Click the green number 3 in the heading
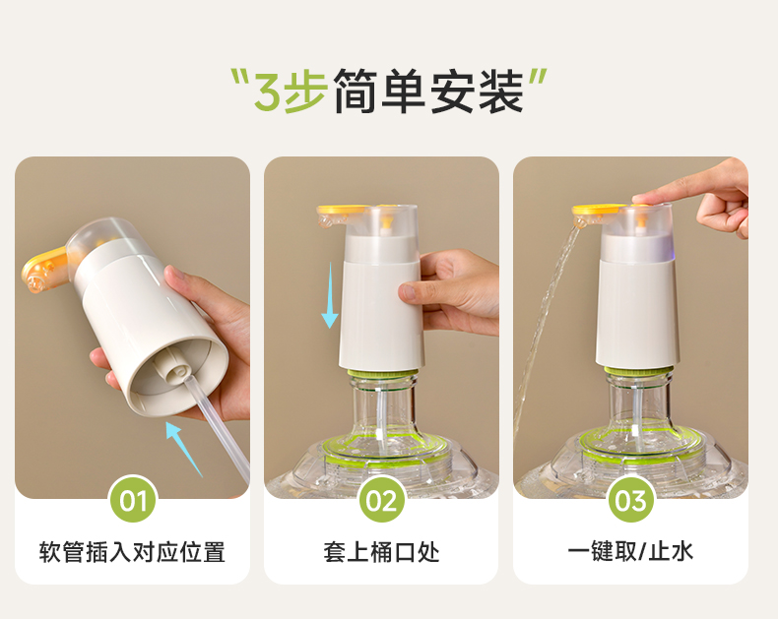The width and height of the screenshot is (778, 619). click(x=268, y=92)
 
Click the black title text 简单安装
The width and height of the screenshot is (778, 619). click(x=428, y=92)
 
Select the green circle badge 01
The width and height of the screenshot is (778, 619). click(x=133, y=500)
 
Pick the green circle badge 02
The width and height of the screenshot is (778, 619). click(x=381, y=500)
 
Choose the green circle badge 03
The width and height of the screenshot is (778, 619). click(x=630, y=500)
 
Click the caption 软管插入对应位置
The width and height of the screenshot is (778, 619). click(x=132, y=552)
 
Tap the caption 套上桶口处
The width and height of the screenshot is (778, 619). click(x=381, y=552)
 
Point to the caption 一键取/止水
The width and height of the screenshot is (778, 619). click(x=630, y=551)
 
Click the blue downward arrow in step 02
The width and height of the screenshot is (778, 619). click(x=330, y=295)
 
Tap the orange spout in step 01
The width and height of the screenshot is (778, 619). click(x=43, y=269)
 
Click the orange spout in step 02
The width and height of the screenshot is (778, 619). click(x=338, y=214)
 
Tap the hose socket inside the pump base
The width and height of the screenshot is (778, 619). click(x=172, y=368)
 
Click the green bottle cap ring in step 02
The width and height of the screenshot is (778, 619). click(x=381, y=373)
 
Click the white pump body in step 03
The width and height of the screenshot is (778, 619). click(x=638, y=297)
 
